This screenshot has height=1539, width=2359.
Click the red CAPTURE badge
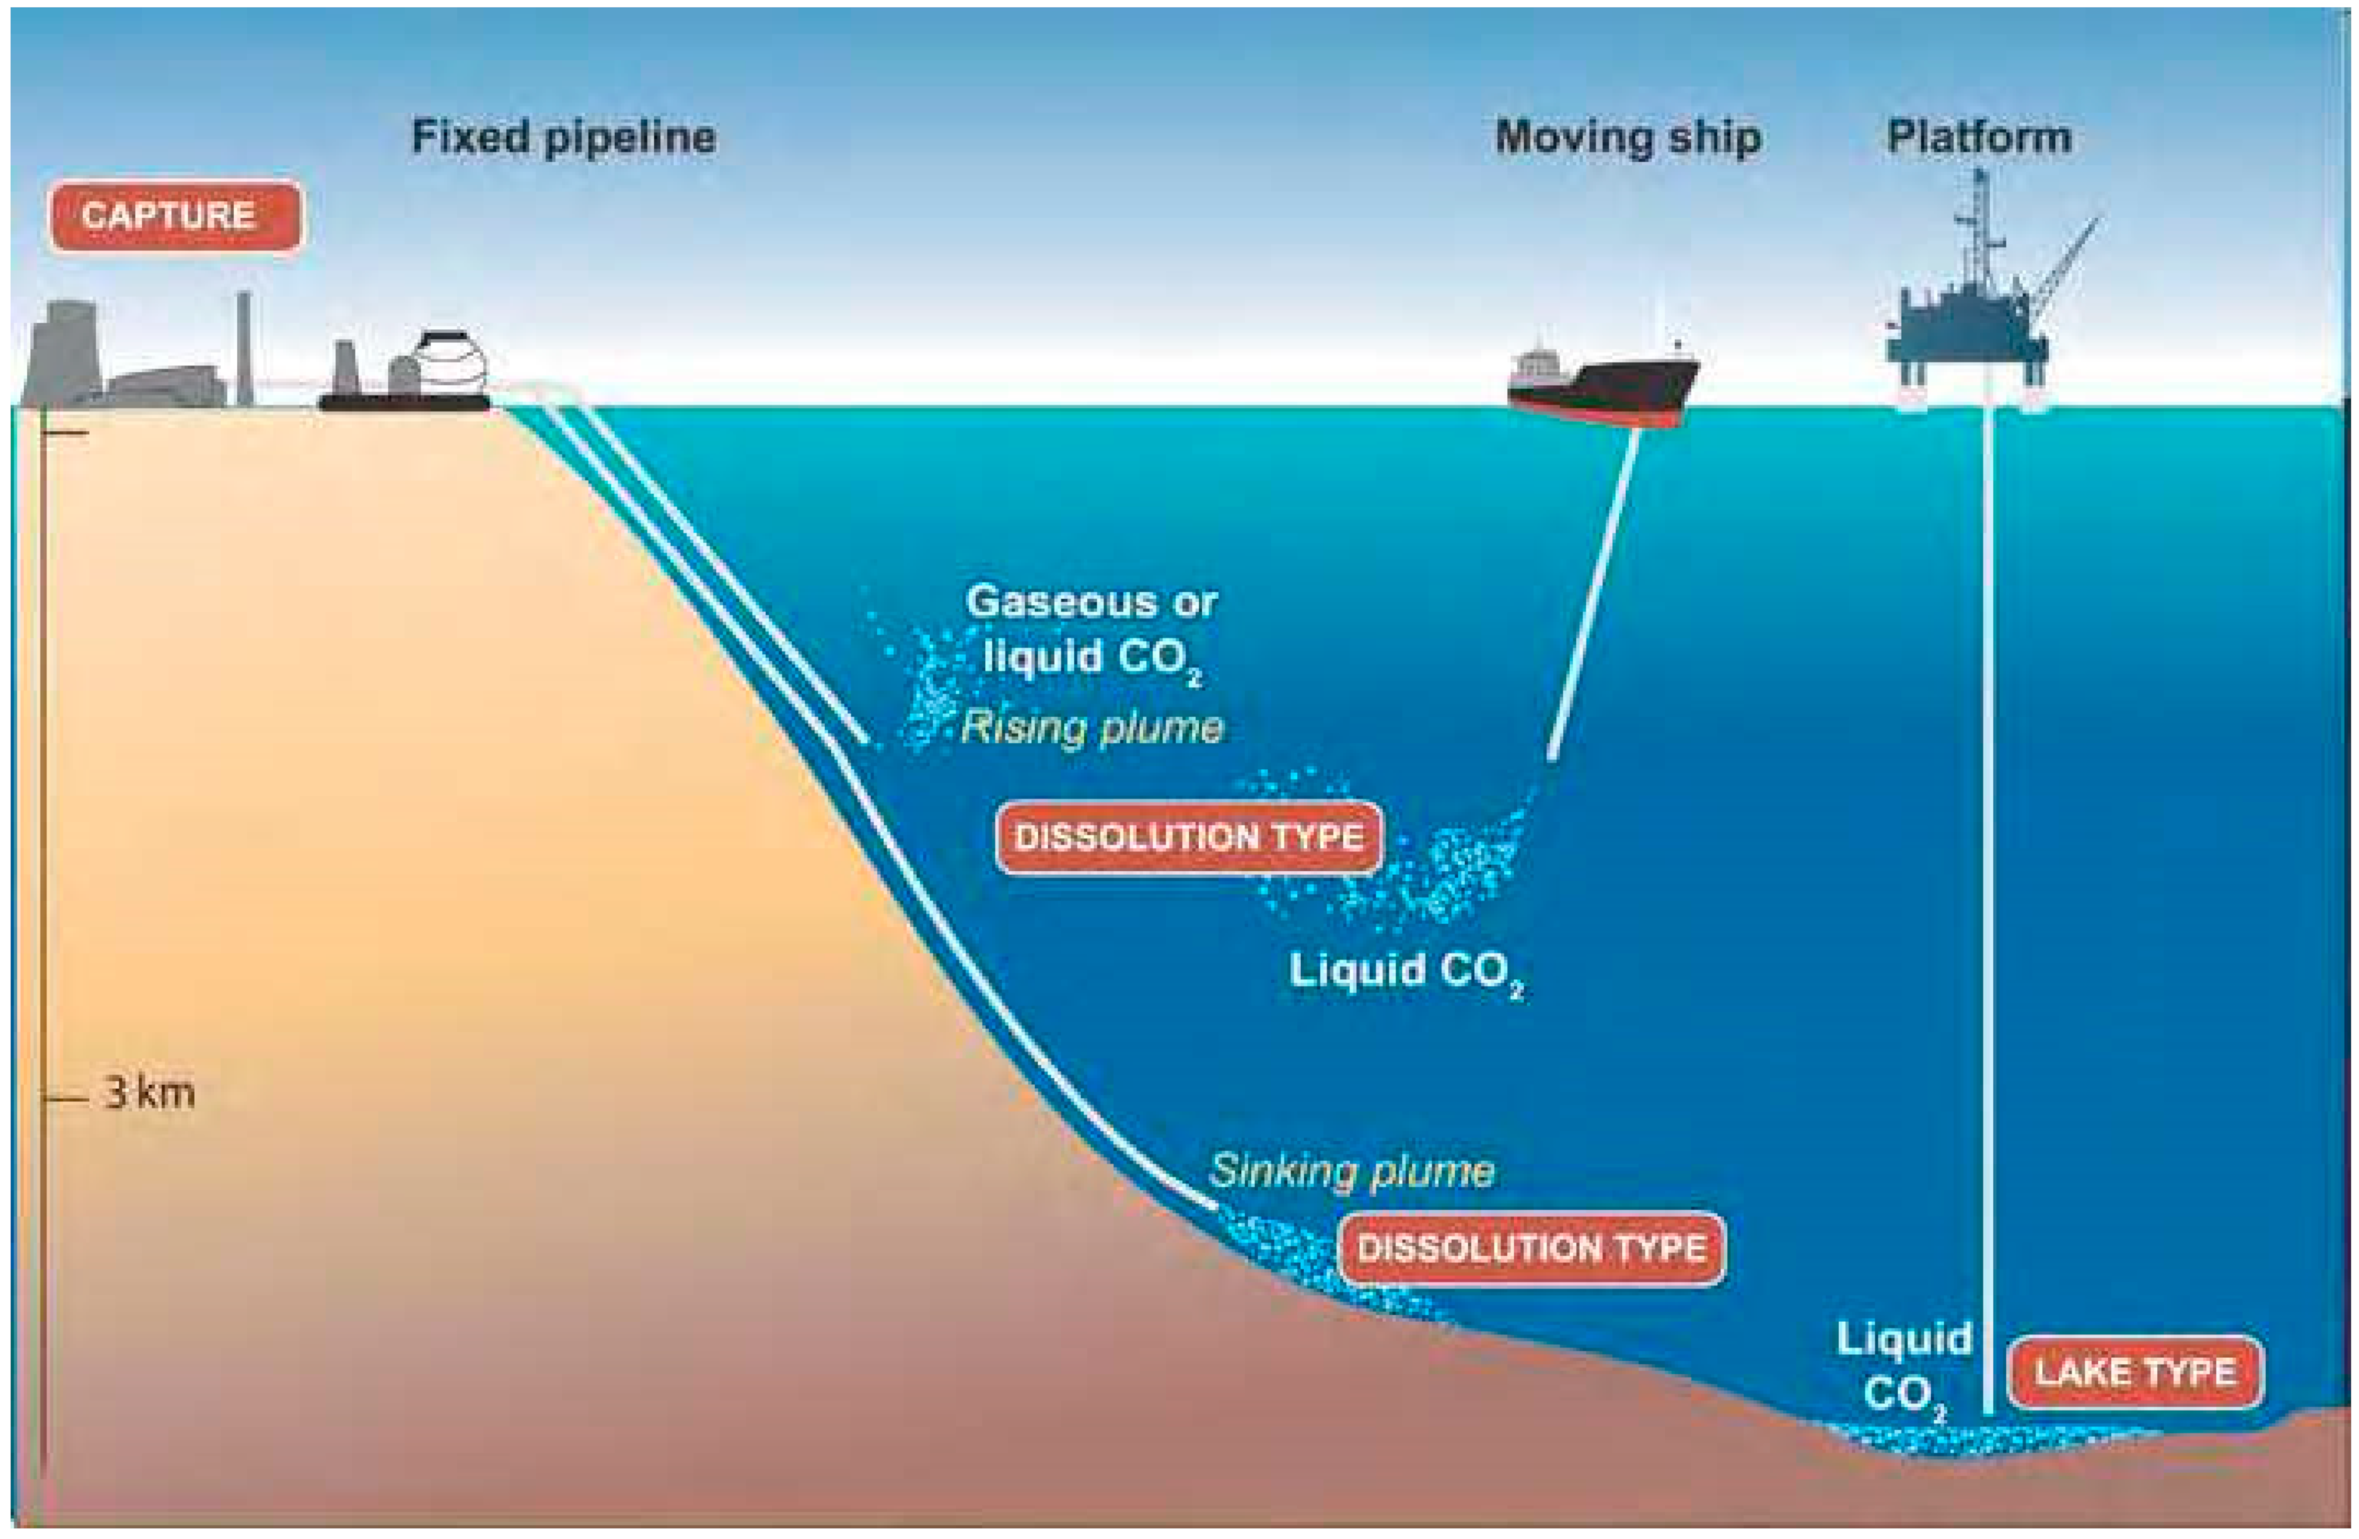tap(175, 215)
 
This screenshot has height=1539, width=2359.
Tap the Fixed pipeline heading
tap(563, 137)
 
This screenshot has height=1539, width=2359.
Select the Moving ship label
tap(1628, 137)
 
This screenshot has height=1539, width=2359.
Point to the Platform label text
tap(1978, 137)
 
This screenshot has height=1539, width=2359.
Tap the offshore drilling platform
tap(1967, 317)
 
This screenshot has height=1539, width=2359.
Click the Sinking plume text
tap(1351, 1171)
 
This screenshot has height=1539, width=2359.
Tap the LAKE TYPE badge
tap(2135, 1373)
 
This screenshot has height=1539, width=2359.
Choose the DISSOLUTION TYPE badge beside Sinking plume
tap(1532, 1247)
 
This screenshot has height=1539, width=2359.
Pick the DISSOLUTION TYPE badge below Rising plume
tap(1188, 837)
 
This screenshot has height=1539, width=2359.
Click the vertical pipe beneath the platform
tap(1989, 893)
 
